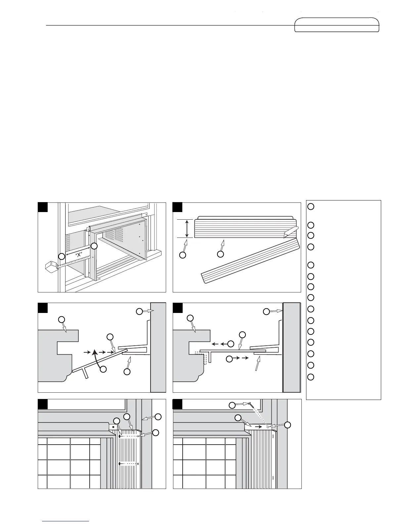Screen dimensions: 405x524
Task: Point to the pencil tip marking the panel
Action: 286,235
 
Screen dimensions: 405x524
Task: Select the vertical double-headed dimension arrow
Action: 187,228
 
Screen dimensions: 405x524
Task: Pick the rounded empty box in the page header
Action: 337,25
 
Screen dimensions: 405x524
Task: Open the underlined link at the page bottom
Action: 66,521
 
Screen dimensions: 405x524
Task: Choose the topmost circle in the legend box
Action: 310,206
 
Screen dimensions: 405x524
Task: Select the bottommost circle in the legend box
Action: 310,377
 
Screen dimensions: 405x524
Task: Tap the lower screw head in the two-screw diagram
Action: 119,464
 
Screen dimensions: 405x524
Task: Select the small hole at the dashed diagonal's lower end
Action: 268,427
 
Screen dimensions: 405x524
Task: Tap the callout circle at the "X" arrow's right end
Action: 94,246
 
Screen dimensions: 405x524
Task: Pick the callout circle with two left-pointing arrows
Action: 231,344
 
